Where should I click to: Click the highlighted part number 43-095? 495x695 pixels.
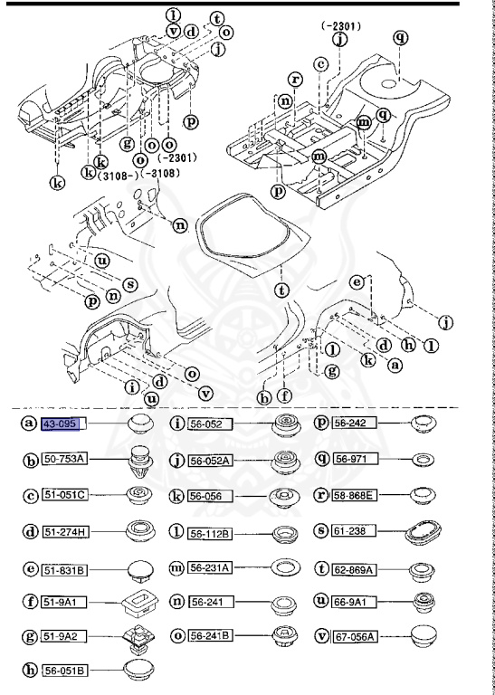pos(63,424)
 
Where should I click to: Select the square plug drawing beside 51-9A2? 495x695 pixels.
pos(138,638)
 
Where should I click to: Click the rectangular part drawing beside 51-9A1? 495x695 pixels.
pos(138,601)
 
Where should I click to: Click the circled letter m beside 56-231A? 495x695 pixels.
pos(176,566)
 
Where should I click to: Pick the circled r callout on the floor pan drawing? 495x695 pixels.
pos(295,80)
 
